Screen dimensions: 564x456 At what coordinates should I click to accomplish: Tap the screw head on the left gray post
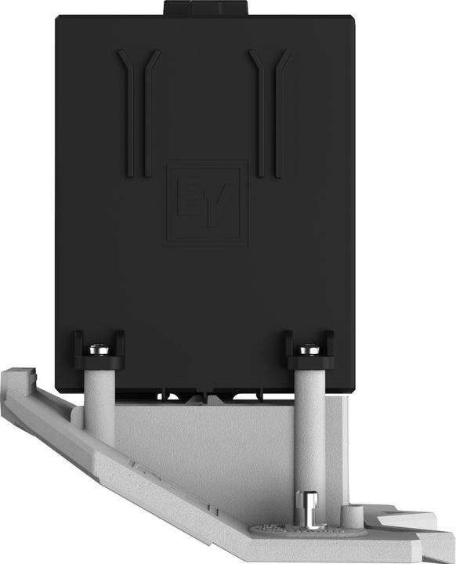[x=100, y=349]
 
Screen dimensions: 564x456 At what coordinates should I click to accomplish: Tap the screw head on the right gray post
[x=309, y=349]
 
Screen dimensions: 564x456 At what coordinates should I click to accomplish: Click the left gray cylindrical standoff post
[x=100, y=407]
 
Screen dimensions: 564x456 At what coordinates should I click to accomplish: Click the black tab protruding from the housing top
[x=205, y=8]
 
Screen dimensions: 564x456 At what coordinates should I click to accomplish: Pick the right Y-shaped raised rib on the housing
[x=270, y=110]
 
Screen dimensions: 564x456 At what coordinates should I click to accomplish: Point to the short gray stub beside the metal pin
[x=351, y=515]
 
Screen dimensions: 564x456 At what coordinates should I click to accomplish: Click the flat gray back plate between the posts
[x=204, y=439]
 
